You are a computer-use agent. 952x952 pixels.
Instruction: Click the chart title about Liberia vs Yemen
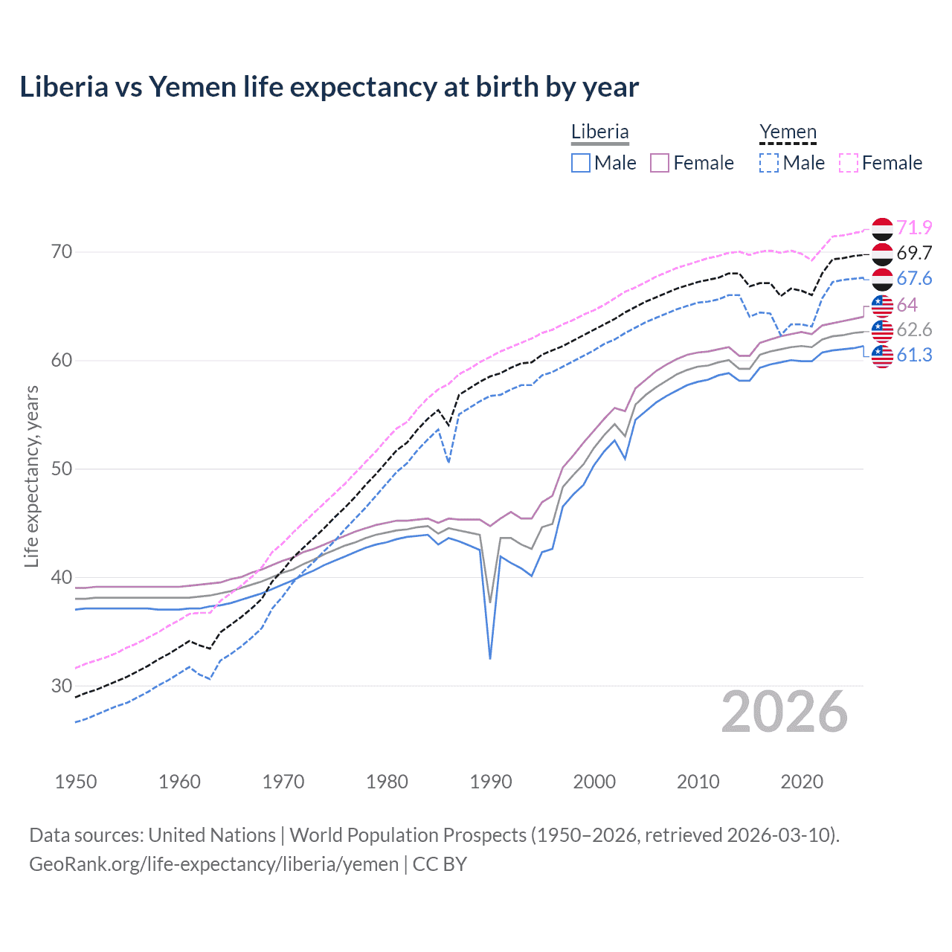pyautogui.click(x=329, y=87)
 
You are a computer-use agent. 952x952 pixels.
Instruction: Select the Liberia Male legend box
pyautogui.click(x=581, y=163)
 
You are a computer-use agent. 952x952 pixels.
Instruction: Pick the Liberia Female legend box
pyautogui.click(x=660, y=163)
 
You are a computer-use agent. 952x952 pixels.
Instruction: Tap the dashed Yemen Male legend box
pyautogui.click(x=769, y=163)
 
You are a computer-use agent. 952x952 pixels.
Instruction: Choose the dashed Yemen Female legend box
pyautogui.click(x=849, y=163)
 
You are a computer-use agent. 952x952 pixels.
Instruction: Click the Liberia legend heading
pyautogui.click(x=599, y=132)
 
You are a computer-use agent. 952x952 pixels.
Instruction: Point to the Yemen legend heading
pyautogui.click(x=788, y=132)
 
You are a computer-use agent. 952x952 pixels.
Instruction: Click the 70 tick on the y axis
pyautogui.click(x=62, y=252)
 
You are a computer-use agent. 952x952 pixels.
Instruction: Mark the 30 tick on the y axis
pyautogui.click(x=62, y=686)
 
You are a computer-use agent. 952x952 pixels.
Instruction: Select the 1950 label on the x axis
pyautogui.click(x=76, y=782)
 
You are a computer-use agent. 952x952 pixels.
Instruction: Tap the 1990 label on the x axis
pyautogui.click(x=491, y=782)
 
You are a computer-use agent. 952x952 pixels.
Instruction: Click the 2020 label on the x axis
pyautogui.click(x=802, y=782)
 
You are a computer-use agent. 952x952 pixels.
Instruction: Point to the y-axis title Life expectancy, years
pyautogui.click(x=32, y=476)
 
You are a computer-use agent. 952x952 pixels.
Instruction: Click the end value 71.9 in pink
pyautogui.click(x=914, y=228)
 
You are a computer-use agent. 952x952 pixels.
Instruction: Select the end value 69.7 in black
pyautogui.click(x=914, y=253)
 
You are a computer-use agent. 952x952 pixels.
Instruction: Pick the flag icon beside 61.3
pyautogui.click(x=882, y=356)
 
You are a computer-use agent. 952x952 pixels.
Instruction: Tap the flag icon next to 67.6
pyautogui.click(x=882, y=279)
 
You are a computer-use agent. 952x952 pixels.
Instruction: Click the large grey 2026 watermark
pyautogui.click(x=785, y=712)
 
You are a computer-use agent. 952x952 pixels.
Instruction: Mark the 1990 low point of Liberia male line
pyautogui.click(x=490, y=658)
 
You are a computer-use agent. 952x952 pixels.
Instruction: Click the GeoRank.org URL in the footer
pyautogui.click(x=214, y=864)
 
